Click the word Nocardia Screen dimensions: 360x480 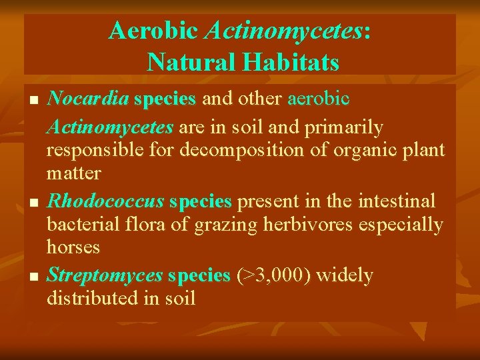(x=88, y=99)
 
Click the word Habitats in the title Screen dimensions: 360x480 (x=291, y=62)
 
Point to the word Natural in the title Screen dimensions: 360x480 (x=190, y=62)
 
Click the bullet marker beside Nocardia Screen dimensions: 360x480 (x=35, y=101)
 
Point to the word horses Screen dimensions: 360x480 (x=73, y=247)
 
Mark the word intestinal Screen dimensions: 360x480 (x=396, y=201)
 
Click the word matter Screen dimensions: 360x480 (x=73, y=174)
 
